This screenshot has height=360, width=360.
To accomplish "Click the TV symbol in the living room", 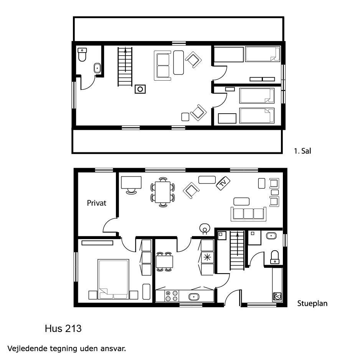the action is tap(223, 183).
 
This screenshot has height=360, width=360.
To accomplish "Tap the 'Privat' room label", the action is tap(97, 203).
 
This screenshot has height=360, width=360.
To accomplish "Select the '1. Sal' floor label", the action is tap(302, 151).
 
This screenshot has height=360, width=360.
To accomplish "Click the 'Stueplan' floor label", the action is tap(312, 303).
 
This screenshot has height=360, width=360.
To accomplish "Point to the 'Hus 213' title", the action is tap(63, 329).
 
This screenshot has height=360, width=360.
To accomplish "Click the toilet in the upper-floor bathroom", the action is tap(82, 54).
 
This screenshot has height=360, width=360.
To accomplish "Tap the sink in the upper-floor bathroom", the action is tap(97, 68).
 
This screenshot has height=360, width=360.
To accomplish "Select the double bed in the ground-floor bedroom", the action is tap(113, 279).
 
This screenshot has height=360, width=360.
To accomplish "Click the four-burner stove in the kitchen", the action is tap(172, 296).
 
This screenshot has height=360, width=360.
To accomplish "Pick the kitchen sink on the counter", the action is tap(194, 297).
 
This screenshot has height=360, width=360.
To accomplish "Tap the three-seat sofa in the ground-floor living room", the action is tap(248, 214).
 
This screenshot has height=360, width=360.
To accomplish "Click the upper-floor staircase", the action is tap(125, 66).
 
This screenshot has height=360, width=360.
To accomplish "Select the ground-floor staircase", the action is tap(237, 251).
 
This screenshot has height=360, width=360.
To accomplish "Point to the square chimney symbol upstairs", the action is tap(140, 89).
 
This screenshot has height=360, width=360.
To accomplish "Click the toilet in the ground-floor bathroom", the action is tap(275, 257).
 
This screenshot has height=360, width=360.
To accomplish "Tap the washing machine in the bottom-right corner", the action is tap(277, 297).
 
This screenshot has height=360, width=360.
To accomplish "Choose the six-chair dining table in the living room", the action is tap(163, 192).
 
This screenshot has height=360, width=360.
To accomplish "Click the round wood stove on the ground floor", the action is tap(205, 229).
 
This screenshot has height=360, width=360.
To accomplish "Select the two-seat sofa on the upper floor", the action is tap(163, 66).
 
